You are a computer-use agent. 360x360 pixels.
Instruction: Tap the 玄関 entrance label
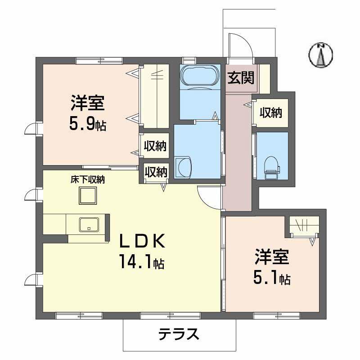coord(240,78)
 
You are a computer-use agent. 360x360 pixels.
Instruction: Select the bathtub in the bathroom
coord(198,76)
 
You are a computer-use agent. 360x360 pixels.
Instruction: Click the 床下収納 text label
coord(87,180)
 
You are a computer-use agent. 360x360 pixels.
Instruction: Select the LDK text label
coord(140,242)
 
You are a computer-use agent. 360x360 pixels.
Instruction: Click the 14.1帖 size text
coord(141,261)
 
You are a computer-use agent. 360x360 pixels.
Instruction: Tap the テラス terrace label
coord(179,334)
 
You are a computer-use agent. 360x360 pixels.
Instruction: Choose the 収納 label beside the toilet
coord(270,112)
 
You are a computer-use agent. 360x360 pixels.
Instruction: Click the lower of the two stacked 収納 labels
coord(156,171)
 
